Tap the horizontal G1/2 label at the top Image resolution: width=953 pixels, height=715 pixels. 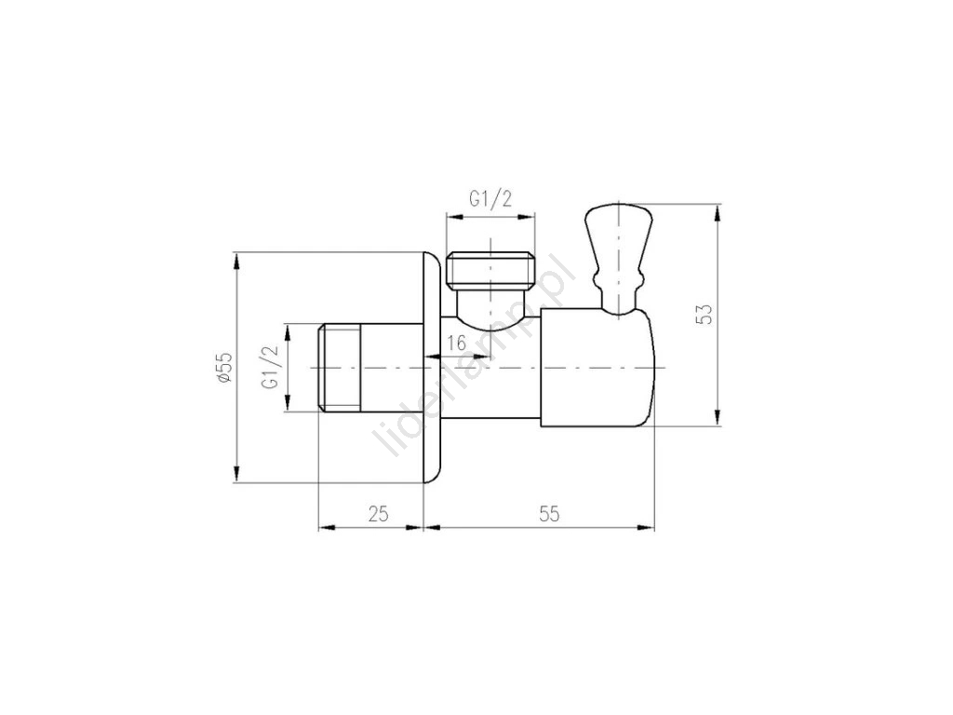(x=490, y=199)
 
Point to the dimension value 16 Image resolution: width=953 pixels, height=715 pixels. (x=456, y=343)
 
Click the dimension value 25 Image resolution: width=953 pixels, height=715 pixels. (x=378, y=514)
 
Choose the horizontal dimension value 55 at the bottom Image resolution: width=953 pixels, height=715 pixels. (x=549, y=514)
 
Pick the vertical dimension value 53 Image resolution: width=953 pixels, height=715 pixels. (x=705, y=314)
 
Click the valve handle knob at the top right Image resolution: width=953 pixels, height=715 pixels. (x=618, y=259)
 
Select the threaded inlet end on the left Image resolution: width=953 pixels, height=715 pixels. (x=341, y=369)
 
